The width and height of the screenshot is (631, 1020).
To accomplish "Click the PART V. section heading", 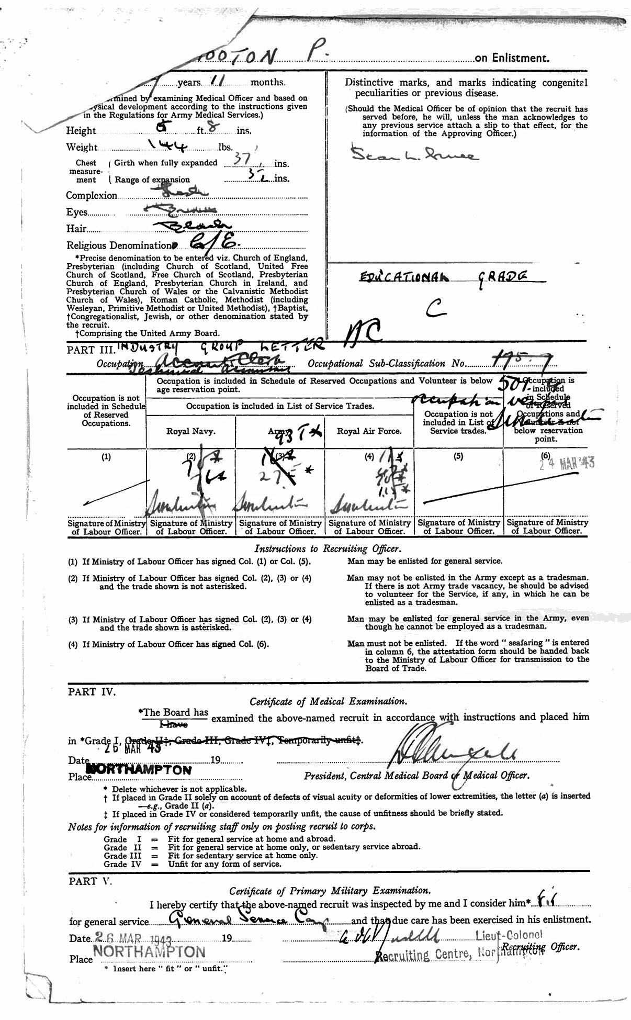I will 91,881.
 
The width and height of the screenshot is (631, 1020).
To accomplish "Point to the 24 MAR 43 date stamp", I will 567,464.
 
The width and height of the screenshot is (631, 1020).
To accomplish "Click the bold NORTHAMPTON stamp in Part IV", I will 138,769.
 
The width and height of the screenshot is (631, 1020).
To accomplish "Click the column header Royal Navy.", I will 190,431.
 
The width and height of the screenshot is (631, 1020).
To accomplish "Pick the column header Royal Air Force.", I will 369,431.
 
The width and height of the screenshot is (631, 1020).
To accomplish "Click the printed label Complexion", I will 92,195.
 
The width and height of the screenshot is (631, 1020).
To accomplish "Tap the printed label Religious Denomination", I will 119,245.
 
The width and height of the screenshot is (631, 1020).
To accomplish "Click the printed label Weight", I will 82,147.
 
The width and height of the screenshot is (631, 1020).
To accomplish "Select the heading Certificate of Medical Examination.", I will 328,701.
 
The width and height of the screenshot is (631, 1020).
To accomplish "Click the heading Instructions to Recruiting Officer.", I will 328,548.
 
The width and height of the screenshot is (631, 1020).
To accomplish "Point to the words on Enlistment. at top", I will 512,58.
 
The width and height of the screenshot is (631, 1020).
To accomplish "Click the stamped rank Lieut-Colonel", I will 509,935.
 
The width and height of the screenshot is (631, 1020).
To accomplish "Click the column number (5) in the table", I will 458,456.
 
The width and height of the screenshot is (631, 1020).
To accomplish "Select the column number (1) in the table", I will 106,456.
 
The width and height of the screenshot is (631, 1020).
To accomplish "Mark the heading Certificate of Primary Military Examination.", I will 330,891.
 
